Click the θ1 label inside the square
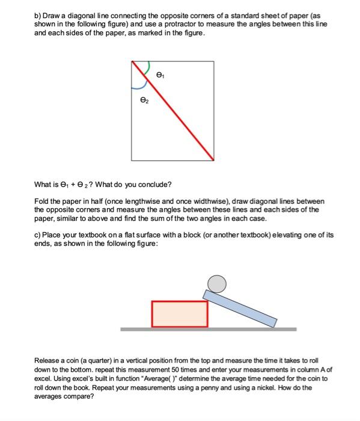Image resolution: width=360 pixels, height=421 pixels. pyautogui.click(x=159, y=76)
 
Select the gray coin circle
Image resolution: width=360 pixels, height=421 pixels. pyautogui.click(x=217, y=283)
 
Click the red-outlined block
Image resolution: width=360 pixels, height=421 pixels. pyautogui.click(x=180, y=314)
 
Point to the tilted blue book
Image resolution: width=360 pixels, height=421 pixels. pyautogui.click(x=240, y=307)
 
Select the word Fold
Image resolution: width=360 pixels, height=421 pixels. pyautogui.click(x=43, y=201)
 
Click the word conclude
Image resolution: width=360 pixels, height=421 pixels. pyautogui.click(x=155, y=184)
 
